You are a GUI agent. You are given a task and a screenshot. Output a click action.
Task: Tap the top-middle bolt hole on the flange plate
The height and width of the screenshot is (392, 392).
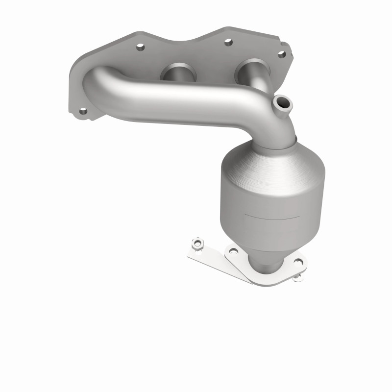click(x=228, y=42)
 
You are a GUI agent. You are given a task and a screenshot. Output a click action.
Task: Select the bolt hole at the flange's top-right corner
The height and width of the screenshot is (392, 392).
click(x=282, y=54)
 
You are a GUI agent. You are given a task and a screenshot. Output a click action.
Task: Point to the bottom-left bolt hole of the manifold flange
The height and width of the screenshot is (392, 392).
click(x=83, y=112)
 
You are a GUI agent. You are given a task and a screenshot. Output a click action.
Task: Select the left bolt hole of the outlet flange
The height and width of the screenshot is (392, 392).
click(x=233, y=251)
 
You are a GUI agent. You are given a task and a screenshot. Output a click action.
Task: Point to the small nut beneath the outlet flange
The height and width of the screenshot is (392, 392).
click(x=297, y=277)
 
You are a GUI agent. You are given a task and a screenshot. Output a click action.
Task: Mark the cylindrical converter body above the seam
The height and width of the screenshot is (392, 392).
click(x=269, y=191)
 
